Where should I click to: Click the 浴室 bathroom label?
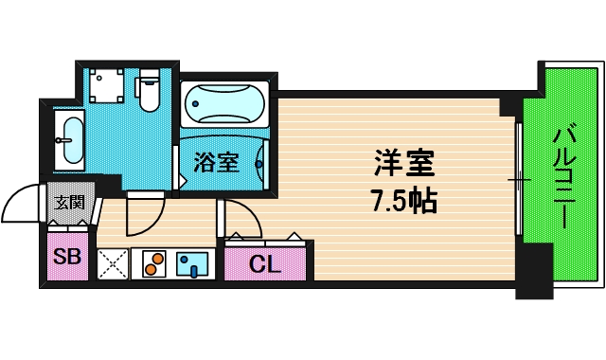(216, 162)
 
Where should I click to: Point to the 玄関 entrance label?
(69, 202)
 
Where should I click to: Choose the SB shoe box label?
(66, 256)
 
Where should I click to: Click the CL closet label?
(266, 264)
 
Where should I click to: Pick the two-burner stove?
(154, 263)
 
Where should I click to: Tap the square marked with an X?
(112, 263)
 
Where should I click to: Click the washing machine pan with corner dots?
(105, 87)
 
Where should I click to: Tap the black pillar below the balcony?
(534, 270)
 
